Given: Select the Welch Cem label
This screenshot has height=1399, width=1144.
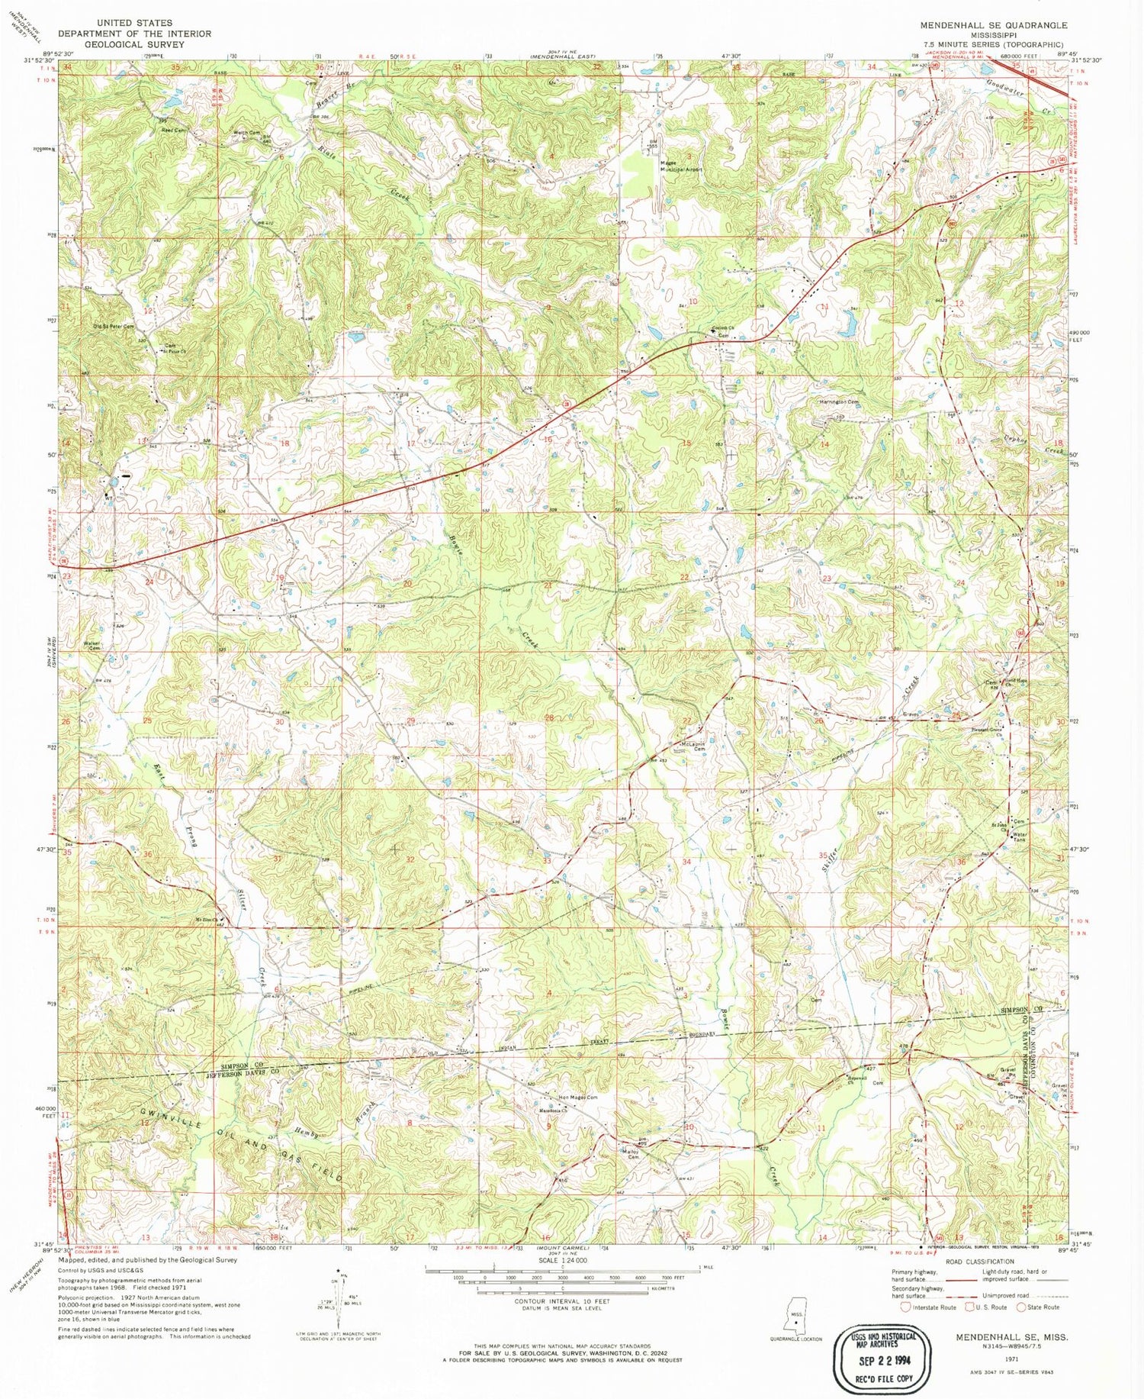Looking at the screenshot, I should click(x=247, y=133).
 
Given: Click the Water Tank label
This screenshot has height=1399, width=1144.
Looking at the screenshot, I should click(x=1020, y=837).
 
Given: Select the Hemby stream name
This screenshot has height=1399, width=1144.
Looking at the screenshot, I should click(x=307, y=1132).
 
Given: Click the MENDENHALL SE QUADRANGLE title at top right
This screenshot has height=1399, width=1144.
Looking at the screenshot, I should click(x=993, y=25).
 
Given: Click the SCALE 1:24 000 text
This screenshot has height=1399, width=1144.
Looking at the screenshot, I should click(x=559, y=1260).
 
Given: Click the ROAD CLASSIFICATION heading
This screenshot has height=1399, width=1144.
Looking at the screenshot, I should click(x=979, y=1262).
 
